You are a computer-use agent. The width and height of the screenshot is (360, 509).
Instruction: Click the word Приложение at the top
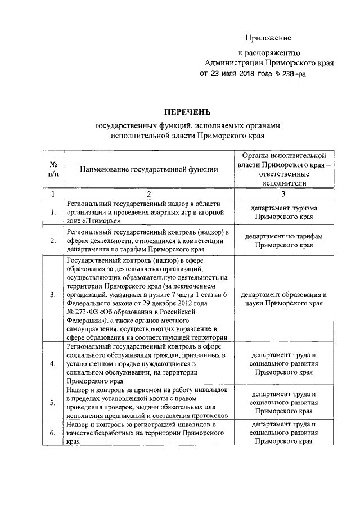point(268,38)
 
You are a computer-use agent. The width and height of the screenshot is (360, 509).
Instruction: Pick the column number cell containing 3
point(283,194)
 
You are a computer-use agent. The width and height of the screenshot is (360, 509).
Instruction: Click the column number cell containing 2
point(148,194)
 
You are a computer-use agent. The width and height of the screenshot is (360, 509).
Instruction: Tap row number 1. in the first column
point(53,212)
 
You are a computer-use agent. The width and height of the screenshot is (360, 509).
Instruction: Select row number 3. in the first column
point(53,294)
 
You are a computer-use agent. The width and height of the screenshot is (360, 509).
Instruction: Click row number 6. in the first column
point(53,433)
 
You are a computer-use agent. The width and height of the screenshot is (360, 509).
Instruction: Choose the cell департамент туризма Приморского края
point(283,212)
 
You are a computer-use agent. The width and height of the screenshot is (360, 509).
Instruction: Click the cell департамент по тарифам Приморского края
point(283,241)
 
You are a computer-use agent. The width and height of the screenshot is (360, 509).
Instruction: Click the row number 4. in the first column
point(53,364)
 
